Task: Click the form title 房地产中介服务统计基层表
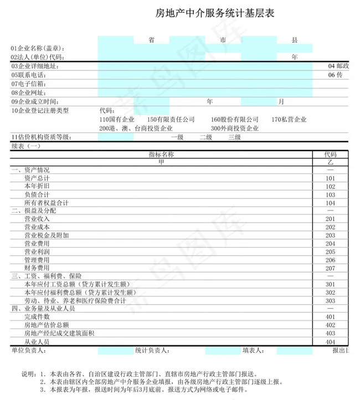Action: pos(215,13)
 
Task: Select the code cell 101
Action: pos(331,178)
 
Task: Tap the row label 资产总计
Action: pos(37,178)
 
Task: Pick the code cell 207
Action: pos(331,268)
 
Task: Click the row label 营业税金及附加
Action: pos(47,235)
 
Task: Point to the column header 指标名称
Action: pos(162,155)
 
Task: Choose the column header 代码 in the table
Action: pos(331,155)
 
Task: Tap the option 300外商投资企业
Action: pos(234,128)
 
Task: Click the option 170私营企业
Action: pos(289,120)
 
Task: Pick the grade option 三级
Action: pos(234,137)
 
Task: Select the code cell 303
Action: pos(331,300)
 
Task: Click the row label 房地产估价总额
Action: pos(47,325)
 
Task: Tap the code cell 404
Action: pos(331,342)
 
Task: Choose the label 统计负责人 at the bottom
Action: pos(152,350)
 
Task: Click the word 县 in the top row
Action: pos(295,40)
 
